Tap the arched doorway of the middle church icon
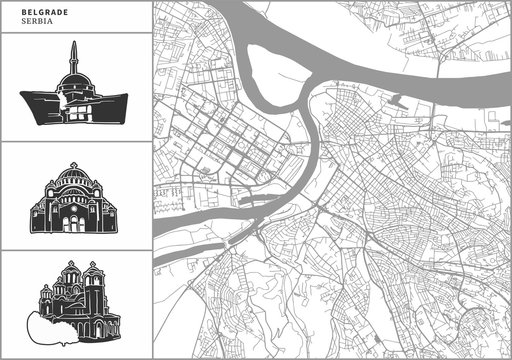tap(75, 219)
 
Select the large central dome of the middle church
tap(75, 180)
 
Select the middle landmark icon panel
tap(75, 196)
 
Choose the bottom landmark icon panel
tap(75, 304)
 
